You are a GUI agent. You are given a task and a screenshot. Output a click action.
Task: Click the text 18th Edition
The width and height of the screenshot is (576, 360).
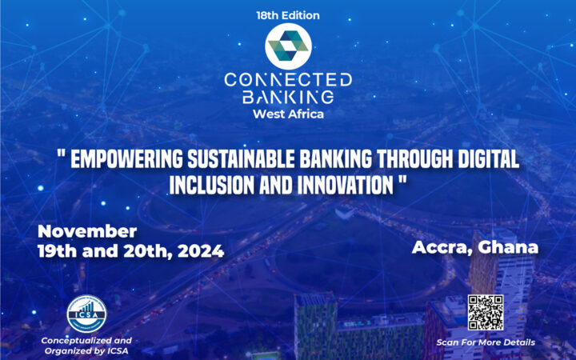tap(287, 14)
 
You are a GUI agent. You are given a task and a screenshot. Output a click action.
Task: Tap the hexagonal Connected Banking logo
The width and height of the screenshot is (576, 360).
tap(287, 45)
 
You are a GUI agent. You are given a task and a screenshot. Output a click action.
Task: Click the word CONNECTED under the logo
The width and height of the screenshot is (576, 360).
tap(287, 80)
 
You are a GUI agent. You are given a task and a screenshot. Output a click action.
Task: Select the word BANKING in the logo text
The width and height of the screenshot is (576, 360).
tap(287, 97)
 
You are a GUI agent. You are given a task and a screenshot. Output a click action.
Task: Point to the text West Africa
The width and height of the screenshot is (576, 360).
tap(287, 114)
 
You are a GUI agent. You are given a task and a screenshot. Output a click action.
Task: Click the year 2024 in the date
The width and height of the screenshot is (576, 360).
tap(198, 250)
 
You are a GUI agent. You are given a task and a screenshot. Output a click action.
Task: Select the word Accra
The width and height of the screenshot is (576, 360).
tap(442, 247)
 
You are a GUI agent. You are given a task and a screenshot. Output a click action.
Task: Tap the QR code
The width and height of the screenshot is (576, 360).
tap(485, 313)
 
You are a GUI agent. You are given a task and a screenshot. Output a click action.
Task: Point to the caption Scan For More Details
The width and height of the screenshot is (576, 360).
tap(486, 343)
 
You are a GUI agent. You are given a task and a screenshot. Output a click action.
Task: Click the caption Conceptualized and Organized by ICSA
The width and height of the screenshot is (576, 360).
tap(86, 346)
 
